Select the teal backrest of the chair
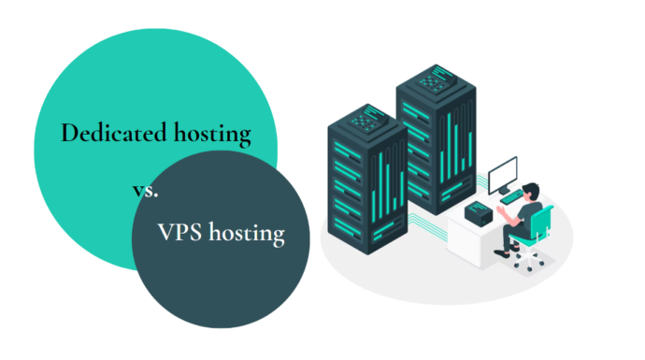pyautogui.click(x=546, y=224)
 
